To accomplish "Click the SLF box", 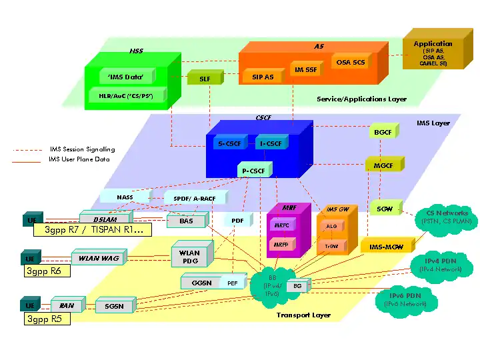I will point(204,79).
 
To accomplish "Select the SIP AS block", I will point(262,77).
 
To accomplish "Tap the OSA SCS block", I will point(350,62).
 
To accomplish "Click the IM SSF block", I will point(305,69).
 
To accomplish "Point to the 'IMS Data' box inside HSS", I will point(126,77).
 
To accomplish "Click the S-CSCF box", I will point(230,143).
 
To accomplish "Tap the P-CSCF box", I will point(253,171).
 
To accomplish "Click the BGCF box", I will point(382,133).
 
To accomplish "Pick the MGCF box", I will point(382,165).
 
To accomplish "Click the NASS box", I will point(125,197).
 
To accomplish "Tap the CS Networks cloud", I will point(442,217).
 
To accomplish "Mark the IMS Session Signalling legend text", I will point(81,149).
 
